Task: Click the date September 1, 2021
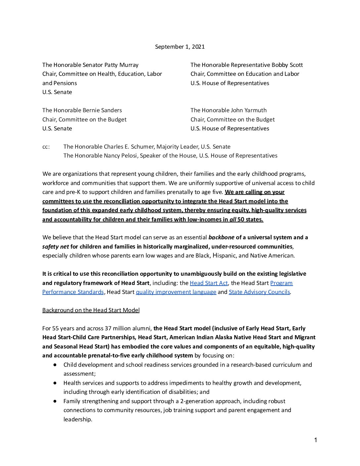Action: pyautogui.click(x=180, y=47)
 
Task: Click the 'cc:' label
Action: pyautogui.click(x=46, y=147)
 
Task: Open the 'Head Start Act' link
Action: pyautogui.click(x=208, y=283)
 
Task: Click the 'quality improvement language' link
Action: pyautogui.click(x=176, y=292)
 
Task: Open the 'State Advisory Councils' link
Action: pyautogui.click(x=259, y=292)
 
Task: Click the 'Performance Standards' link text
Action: pyautogui.click(x=73, y=292)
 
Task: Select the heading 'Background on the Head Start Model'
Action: pyautogui.click(x=91, y=310)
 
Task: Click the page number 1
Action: pyautogui.click(x=316, y=440)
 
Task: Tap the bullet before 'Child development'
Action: pyautogui.click(x=55, y=365)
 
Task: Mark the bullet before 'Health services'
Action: pyautogui.click(x=55, y=383)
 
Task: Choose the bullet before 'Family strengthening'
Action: pyautogui.click(x=55, y=401)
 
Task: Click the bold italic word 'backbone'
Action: pyautogui.click(x=221, y=237)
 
